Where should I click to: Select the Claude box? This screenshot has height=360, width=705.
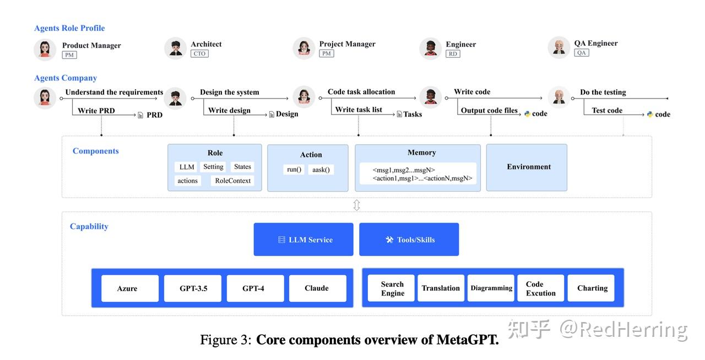click(x=317, y=288)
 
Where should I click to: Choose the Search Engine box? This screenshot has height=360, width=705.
click(x=392, y=288)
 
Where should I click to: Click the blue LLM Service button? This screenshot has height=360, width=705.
click(x=303, y=239)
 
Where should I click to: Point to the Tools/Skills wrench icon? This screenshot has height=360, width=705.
click(x=389, y=240)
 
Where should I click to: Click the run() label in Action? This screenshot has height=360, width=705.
click(x=294, y=170)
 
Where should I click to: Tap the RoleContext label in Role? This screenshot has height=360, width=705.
click(x=232, y=181)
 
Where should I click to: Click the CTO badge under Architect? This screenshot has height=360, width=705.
click(x=199, y=54)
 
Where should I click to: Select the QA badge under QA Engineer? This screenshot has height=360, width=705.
click(x=581, y=53)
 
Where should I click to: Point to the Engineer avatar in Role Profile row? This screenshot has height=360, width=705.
click(x=431, y=48)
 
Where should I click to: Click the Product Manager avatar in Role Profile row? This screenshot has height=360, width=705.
click(x=45, y=50)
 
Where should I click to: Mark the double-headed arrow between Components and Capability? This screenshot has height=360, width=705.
click(x=356, y=205)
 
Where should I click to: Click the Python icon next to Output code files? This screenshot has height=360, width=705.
click(x=527, y=114)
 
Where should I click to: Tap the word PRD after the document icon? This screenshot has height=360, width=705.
click(x=154, y=115)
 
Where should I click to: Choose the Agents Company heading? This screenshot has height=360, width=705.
click(x=66, y=78)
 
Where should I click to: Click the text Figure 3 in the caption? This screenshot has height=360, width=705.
click(x=225, y=340)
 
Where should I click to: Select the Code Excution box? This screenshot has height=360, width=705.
click(x=540, y=288)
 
